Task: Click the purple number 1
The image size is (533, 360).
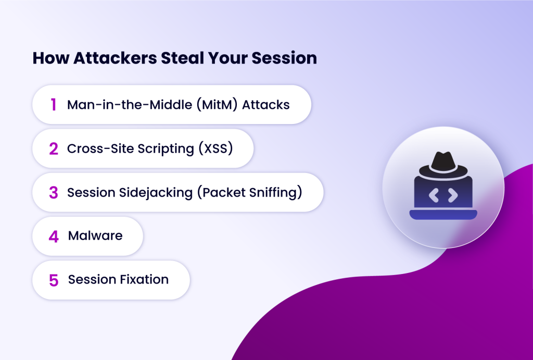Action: point(53,105)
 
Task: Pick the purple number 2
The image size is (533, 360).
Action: point(54,149)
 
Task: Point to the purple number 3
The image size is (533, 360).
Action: point(54,193)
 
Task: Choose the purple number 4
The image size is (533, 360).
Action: point(54,237)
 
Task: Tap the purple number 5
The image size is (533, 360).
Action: point(54,280)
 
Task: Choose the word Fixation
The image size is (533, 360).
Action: point(143,280)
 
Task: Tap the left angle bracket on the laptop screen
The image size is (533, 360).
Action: point(433,195)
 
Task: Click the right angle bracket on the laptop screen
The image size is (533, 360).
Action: point(453,195)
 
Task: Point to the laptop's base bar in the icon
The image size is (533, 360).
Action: point(443,214)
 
